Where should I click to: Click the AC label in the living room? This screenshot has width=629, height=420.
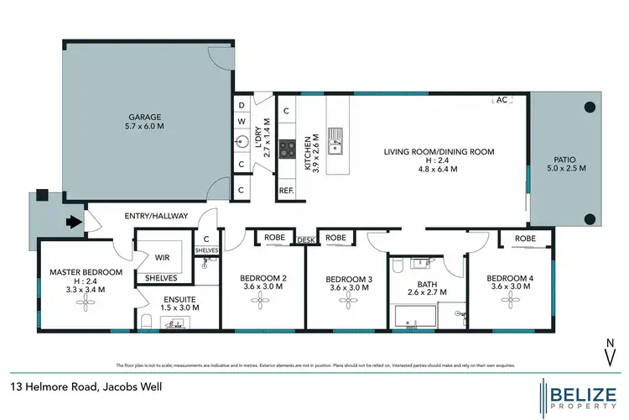point(502,100)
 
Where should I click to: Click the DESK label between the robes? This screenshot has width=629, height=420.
point(307,240)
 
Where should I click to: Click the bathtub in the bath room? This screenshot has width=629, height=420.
point(414,317)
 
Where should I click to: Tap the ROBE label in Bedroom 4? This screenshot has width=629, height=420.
point(525,239)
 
